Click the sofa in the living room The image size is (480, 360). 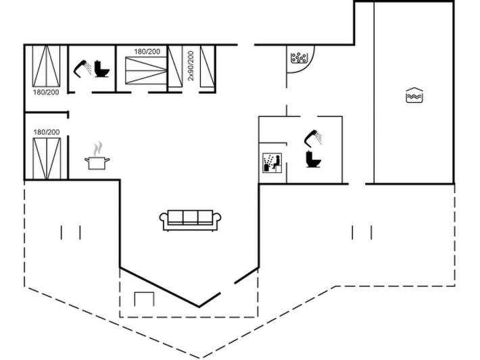(190, 220)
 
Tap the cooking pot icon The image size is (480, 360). (97, 163)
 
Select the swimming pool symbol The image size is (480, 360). (414, 95)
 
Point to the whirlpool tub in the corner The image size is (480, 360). (299, 58)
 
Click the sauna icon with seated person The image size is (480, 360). (272, 163)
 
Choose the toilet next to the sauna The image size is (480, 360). (313, 159)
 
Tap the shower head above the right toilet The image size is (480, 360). (313, 138)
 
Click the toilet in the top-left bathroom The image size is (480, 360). (101, 69)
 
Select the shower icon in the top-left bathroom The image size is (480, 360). (82, 69)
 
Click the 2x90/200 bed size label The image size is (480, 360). (191, 66)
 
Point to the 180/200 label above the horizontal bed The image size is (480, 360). (147, 51)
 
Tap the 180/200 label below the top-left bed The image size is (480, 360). (46, 92)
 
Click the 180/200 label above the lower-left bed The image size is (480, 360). (47, 132)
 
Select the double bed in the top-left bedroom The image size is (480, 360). (46, 66)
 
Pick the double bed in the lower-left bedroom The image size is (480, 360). (47, 159)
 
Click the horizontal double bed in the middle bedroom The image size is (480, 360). (146, 70)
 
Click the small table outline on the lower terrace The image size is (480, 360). (144, 299)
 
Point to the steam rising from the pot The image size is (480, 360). (98, 149)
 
